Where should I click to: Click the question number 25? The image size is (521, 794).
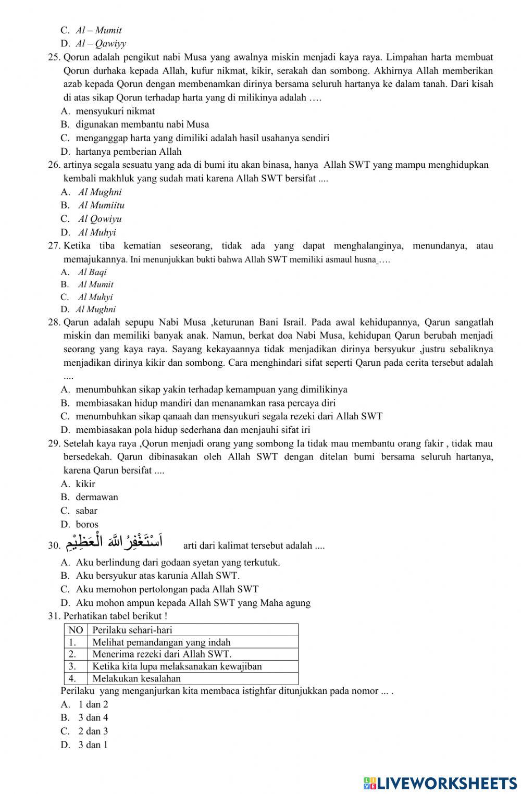pos(54,57)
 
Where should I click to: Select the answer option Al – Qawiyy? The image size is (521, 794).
pos(101,44)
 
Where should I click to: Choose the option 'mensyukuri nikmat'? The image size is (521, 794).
pos(115,111)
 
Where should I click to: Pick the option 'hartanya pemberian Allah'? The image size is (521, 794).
pos(129,152)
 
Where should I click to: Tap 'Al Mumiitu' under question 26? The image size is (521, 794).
pos(101,205)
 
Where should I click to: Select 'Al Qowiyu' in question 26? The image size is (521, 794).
pos(100,219)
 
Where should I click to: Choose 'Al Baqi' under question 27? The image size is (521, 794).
pos(92,272)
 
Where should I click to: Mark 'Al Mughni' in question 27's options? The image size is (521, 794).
pos(96,309)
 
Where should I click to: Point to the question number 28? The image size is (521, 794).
pos(54,322)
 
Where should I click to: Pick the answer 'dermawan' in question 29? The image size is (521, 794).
pos(97,497)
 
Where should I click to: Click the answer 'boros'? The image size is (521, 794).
pos(87,524)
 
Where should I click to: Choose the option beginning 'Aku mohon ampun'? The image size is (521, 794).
pos(193,603)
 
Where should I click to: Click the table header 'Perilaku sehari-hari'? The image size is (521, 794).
pos(132,630)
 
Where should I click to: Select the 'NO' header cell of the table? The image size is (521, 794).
pos(76,630)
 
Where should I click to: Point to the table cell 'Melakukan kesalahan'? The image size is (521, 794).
pos(137,678)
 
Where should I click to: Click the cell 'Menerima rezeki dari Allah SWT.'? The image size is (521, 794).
pos(162,654)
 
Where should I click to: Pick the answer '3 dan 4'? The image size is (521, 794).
pos(93,717)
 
